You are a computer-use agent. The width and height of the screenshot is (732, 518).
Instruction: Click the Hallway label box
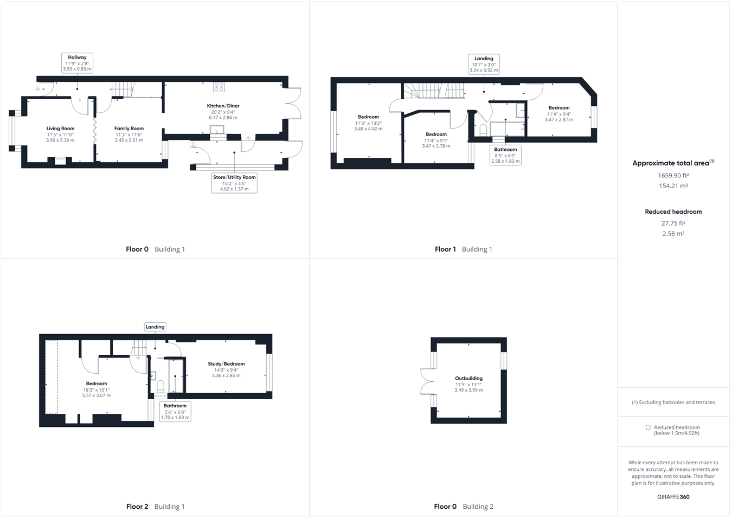[x=77, y=63]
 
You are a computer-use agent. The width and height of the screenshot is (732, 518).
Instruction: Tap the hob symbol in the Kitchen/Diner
[x=219, y=87]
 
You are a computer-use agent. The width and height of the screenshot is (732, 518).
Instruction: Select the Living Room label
[x=60, y=129]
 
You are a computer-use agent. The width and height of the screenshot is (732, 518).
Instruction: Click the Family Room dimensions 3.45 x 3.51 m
[x=129, y=140]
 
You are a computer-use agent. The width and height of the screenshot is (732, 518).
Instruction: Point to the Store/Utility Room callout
[x=234, y=183]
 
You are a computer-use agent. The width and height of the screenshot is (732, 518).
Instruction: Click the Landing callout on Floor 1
[x=484, y=64]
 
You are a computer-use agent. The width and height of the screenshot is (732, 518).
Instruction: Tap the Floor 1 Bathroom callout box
[x=505, y=155]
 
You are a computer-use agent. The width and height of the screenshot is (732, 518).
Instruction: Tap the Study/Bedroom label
[x=226, y=364]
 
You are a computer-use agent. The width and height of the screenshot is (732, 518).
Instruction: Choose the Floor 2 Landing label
[x=155, y=327]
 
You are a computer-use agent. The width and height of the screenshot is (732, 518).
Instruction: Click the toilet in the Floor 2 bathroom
[x=160, y=386]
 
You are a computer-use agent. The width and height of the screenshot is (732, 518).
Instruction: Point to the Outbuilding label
[x=468, y=379]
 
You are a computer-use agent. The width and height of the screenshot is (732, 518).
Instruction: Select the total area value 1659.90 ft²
[x=673, y=176]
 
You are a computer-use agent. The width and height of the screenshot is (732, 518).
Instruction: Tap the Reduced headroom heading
[x=673, y=212]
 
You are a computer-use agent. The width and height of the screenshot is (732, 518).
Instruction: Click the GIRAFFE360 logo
[x=673, y=497]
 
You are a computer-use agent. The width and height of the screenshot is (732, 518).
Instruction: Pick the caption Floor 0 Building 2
[x=464, y=507]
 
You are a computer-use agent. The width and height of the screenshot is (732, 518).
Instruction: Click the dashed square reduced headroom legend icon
[x=647, y=427]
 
